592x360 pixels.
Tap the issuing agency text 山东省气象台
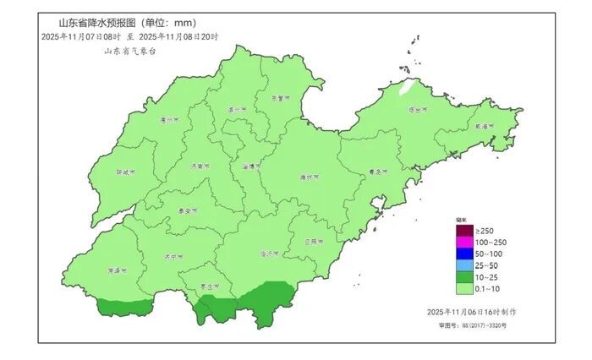coord(129,52)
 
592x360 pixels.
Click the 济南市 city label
coord(200,166)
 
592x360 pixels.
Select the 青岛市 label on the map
coord(378,172)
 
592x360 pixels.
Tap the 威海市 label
coord(482,127)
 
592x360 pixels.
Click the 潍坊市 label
coord(310,177)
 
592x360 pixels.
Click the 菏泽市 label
coord(116,271)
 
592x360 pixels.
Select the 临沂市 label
coord(270,254)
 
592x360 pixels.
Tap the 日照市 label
coord(314,242)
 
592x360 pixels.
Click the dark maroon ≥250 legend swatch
coord(463,231)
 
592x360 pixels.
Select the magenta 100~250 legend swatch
coord(463,243)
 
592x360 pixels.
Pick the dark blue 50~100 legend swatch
coord(463,254)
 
